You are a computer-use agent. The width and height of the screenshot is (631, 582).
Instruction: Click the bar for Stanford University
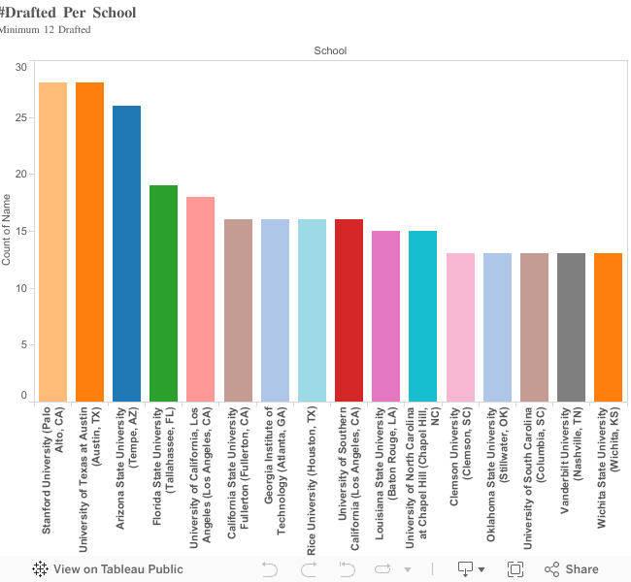tap(52, 242)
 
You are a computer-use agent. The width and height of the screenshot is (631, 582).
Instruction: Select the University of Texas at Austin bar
tap(89, 242)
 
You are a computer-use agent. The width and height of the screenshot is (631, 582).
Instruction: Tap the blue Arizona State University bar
tap(126, 253)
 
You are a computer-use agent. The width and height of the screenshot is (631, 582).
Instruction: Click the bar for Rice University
tap(312, 310)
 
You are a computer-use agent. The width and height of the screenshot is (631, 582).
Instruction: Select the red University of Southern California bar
tap(349, 310)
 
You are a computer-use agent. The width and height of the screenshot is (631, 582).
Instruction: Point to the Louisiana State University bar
tap(385, 316)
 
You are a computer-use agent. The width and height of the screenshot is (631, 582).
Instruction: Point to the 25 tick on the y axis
tap(21, 118)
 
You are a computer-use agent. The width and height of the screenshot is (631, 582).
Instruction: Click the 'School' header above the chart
tap(330, 50)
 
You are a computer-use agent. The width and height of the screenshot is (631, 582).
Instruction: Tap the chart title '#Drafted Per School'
tap(68, 13)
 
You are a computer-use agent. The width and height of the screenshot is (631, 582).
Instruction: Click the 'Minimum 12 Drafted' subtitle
tap(46, 30)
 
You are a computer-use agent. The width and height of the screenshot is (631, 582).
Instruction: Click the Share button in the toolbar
tap(572, 569)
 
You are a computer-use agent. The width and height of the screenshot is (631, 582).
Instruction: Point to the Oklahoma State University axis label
tap(497, 470)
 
